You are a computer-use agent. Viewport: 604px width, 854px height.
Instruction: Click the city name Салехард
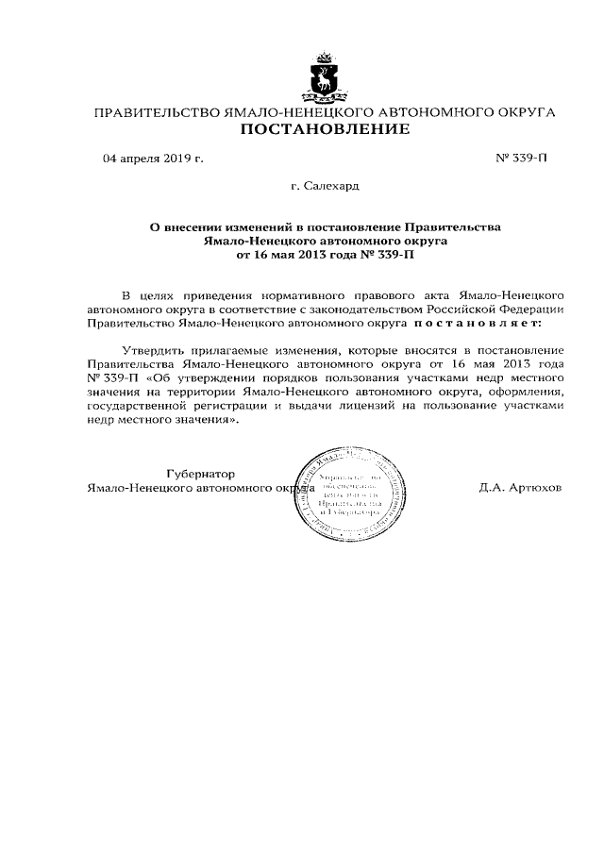click(331, 187)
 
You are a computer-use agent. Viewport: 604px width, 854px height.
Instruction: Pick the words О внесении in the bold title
click(185, 227)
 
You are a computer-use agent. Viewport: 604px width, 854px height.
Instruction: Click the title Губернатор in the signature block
click(199, 474)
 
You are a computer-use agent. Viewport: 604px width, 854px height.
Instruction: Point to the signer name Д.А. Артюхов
click(521, 488)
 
